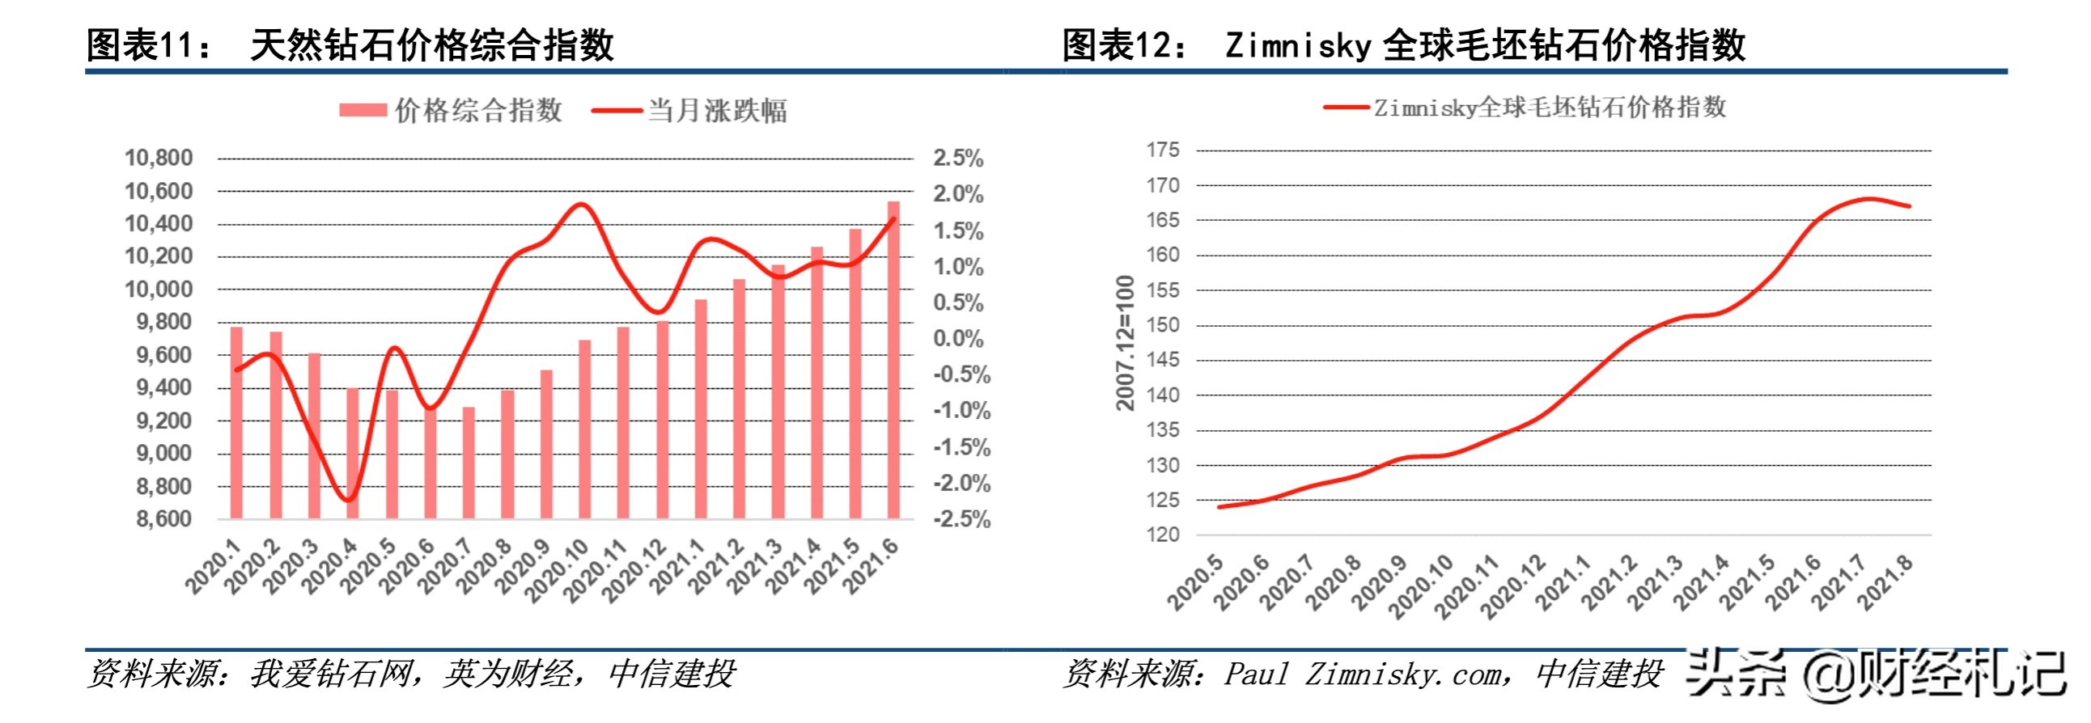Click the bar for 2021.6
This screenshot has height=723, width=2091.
click(x=893, y=360)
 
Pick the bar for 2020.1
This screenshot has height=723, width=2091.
click(x=236, y=422)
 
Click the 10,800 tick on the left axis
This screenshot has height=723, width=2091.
click(x=159, y=158)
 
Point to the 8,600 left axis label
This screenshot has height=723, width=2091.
click(x=164, y=518)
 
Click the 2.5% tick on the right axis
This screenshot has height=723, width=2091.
click(x=958, y=159)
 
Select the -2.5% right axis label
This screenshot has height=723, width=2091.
click(x=962, y=519)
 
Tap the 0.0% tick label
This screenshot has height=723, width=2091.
click(x=958, y=338)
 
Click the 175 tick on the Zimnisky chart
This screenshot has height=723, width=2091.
click(x=1162, y=150)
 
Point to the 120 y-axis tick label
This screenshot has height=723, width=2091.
click(x=1162, y=535)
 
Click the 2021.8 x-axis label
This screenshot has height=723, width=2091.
click(x=1885, y=582)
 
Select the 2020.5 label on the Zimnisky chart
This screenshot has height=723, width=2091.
click(x=1195, y=582)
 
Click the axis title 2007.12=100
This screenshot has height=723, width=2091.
click(x=1124, y=342)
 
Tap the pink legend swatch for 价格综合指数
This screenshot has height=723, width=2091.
click(x=362, y=110)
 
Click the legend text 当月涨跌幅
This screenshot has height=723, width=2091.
click(x=717, y=110)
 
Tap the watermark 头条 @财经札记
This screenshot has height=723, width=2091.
click(x=1875, y=674)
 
